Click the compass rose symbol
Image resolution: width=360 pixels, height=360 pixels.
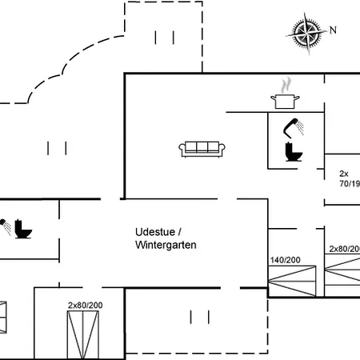[304, 33]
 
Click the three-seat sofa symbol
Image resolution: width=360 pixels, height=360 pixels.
[201, 147]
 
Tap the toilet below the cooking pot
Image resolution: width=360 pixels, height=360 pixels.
[291, 151]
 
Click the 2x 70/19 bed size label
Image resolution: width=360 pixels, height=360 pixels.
[348, 178]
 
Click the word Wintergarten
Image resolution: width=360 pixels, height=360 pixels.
[165, 245]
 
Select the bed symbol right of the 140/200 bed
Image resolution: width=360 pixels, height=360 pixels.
[342, 279]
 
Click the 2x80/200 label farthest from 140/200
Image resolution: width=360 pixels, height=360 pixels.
[86, 306]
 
